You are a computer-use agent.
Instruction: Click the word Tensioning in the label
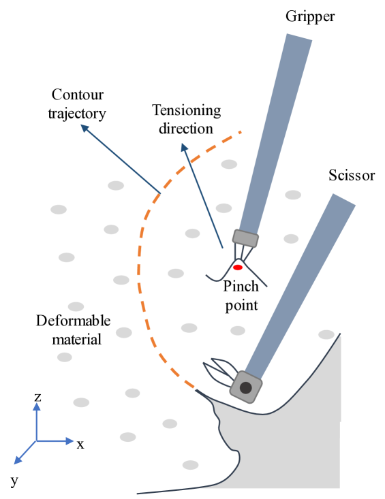(x=186, y=110)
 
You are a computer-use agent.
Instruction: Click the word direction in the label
(x=185, y=128)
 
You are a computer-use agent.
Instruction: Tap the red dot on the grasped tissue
(x=238, y=268)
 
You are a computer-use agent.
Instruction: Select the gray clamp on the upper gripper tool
(x=245, y=238)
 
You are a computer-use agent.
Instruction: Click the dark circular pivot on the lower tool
(x=245, y=388)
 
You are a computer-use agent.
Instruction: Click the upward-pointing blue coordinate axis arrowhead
(x=37, y=406)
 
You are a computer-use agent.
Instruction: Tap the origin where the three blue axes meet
(x=37, y=441)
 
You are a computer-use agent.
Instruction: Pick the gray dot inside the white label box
(x=229, y=164)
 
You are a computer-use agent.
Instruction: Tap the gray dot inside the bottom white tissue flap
(x=190, y=465)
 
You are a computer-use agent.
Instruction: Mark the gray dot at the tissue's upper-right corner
(x=326, y=334)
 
